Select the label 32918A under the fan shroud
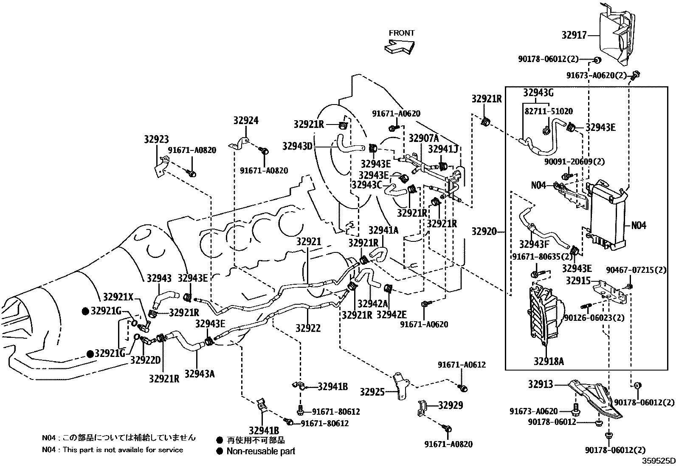click(549, 362)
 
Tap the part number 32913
click(541, 385)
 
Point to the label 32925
click(372, 392)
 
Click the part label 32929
click(451, 405)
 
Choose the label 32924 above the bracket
click(245, 121)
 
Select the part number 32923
click(156, 139)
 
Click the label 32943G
click(538, 93)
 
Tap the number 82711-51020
click(548, 111)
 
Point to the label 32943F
click(534, 244)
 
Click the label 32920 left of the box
click(484, 232)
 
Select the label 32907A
click(424, 139)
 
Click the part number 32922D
click(146, 360)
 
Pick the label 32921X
click(118, 296)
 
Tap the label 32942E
click(391, 315)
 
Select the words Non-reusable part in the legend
click(261, 451)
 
